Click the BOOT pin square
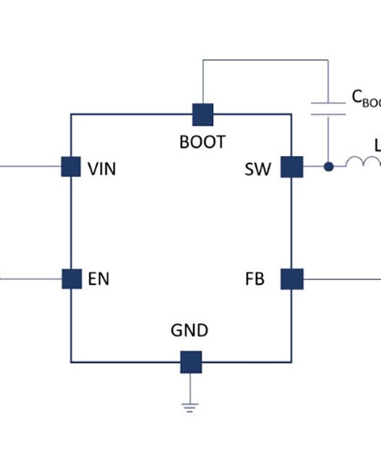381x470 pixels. (x=202, y=114)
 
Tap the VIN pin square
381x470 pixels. (x=70, y=167)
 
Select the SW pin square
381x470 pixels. (x=291, y=167)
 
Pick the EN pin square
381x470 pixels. (x=71, y=278)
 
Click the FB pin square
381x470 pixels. (x=291, y=278)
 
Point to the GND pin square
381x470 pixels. (x=191, y=362)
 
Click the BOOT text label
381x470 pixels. (x=202, y=142)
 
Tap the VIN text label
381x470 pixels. (x=101, y=170)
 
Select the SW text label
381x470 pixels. (x=258, y=170)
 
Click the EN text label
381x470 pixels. (x=99, y=279)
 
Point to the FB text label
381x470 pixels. (x=254, y=279)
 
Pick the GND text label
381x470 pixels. (x=189, y=331)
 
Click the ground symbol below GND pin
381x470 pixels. (x=190, y=406)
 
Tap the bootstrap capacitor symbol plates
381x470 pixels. (x=328, y=108)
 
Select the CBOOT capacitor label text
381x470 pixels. (x=365, y=100)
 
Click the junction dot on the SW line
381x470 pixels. (x=328, y=167)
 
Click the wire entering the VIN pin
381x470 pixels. (x=29, y=167)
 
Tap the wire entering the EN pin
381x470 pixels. (x=29, y=278)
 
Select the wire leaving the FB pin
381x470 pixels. (x=340, y=278)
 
